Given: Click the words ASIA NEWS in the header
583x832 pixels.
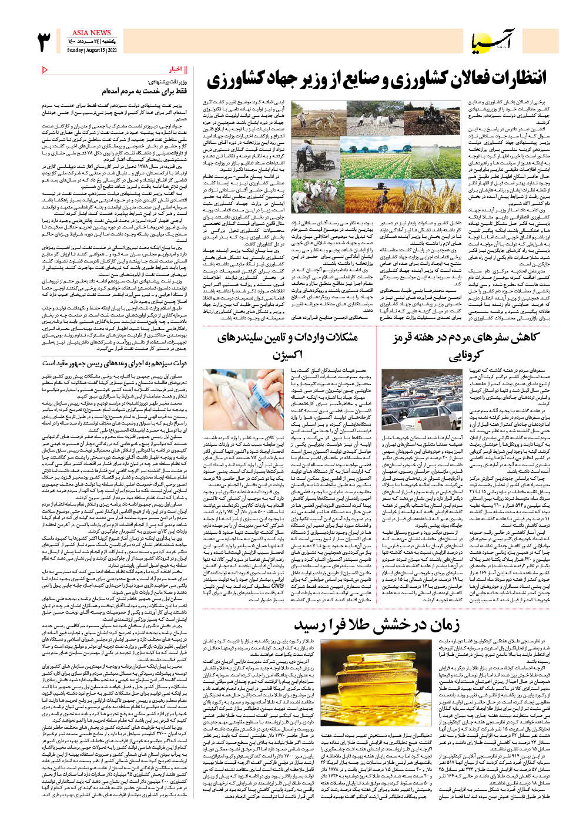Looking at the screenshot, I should (x=92, y=33).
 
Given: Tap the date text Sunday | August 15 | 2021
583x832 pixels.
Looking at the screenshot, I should (x=92, y=50).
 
